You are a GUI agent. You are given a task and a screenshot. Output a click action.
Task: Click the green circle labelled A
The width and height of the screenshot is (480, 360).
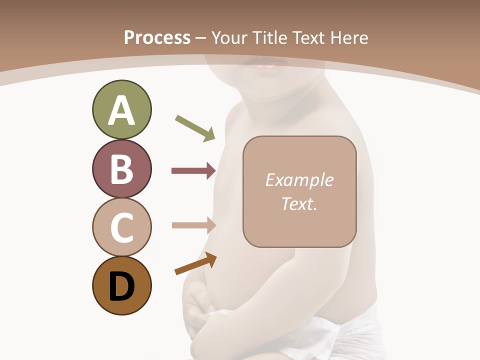[x=121, y=109]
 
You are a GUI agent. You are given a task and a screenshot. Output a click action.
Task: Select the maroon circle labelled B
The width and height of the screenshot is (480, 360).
[x=121, y=168]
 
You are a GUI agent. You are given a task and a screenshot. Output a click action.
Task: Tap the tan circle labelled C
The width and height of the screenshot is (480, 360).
[x=121, y=227]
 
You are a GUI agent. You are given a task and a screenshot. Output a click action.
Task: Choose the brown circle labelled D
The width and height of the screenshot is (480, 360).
[x=121, y=285]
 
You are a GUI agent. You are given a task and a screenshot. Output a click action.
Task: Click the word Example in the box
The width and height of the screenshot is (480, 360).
[x=299, y=180]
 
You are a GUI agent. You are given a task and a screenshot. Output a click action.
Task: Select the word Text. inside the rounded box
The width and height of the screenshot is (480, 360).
[x=299, y=203]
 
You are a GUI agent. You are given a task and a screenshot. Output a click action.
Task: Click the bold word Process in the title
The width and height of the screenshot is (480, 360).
[x=157, y=37]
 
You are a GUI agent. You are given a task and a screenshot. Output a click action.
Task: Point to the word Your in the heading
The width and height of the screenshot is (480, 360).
[x=229, y=37]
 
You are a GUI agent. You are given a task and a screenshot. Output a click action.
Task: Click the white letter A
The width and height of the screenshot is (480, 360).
[x=121, y=110]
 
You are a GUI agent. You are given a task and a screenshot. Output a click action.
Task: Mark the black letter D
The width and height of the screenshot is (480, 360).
[x=121, y=286]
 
